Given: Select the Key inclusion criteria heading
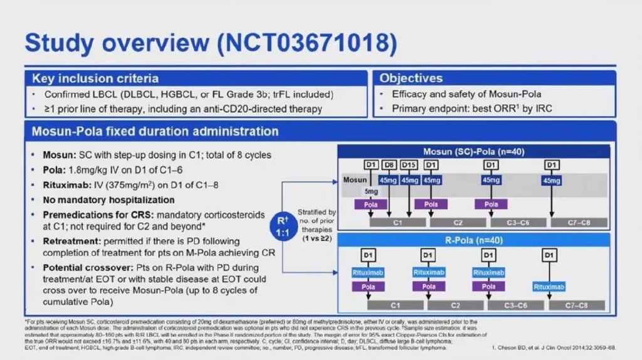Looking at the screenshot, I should pos(95,78).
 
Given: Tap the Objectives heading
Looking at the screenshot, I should pos(411,78).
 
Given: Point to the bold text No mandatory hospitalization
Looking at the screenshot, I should pos(108,200).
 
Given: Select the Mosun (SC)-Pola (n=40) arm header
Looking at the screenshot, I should pos(473,151).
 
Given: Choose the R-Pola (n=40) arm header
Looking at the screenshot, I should pos(473,240).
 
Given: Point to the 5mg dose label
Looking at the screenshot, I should pos(371,191).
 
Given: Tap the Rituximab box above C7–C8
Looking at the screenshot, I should pos(549,287).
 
